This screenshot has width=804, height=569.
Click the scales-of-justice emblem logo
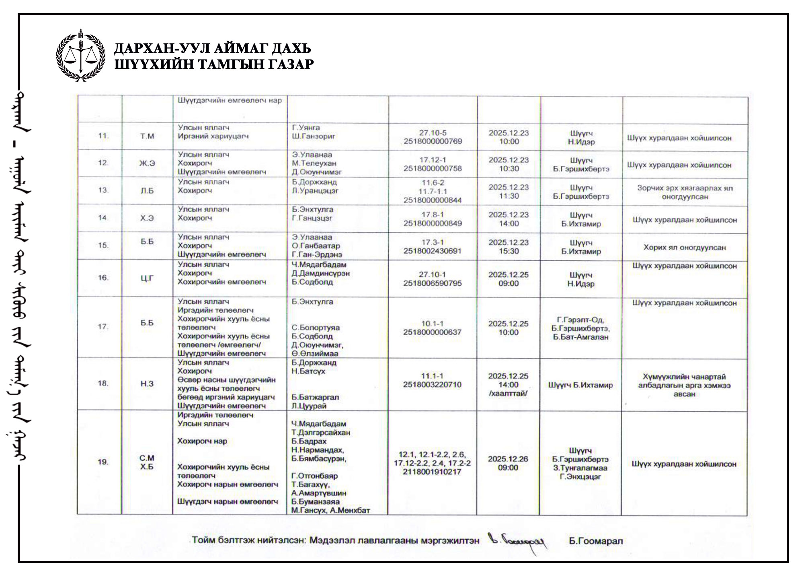[81, 55]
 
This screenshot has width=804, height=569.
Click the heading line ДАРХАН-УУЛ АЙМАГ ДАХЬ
[212, 49]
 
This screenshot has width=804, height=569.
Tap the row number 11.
[103, 136]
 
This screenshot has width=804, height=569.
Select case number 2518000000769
[433, 142]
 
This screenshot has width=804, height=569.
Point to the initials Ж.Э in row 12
[147, 163]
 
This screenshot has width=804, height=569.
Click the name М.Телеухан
[314, 163]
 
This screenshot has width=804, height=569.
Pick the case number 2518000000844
[433, 200]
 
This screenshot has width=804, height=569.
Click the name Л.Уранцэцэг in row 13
[315, 191]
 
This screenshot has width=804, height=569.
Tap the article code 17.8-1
[433, 214]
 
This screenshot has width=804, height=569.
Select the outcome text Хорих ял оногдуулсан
[684, 247]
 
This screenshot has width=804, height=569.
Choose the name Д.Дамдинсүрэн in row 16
[320, 273]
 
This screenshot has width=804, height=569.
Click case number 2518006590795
[433, 283]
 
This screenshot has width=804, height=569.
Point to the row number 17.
[103, 326]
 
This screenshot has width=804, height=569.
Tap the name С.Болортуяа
[316, 328]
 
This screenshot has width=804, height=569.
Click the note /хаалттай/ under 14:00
[508, 393]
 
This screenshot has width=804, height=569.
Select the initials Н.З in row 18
[147, 384]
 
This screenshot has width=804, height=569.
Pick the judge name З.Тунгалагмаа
[580, 468]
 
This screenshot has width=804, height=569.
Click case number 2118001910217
[432, 472]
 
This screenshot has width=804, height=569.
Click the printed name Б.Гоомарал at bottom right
[596, 541]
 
